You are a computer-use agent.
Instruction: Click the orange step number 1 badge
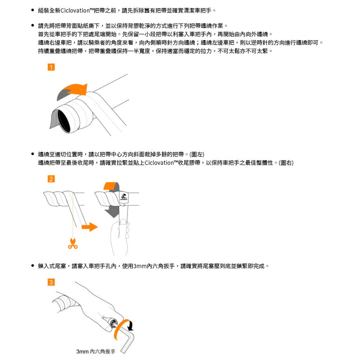point(51,67)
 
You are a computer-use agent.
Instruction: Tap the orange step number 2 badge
point(51,179)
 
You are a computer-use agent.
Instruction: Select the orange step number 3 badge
point(51,282)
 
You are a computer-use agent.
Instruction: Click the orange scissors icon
point(73,244)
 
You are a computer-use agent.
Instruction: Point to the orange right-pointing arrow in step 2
point(90,227)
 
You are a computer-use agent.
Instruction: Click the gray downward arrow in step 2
point(112,212)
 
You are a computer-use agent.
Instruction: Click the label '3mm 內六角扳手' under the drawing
point(96,351)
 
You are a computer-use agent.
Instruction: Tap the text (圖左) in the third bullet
point(197,154)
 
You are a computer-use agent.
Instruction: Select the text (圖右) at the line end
point(286,163)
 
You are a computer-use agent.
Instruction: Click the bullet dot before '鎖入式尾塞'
point(33,266)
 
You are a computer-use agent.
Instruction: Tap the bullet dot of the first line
point(33,10)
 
